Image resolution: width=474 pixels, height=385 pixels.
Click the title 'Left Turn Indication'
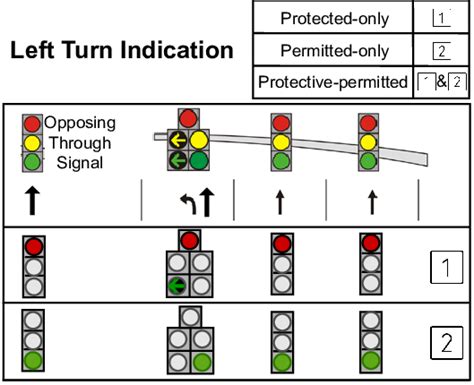[x=121, y=51]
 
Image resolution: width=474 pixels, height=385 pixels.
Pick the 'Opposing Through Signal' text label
[x=80, y=142]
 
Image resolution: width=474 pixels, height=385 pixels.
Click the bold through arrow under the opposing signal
[x=33, y=201]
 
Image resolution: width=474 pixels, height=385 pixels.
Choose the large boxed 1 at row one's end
[x=439, y=267]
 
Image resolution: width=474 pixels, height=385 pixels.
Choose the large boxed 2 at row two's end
[x=439, y=343]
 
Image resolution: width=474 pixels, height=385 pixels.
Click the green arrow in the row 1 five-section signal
[x=178, y=286]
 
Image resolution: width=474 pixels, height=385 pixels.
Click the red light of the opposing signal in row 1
[x=34, y=246]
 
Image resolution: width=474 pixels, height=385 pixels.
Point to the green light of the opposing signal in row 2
[x=34, y=359]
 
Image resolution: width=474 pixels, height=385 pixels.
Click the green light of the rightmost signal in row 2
[x=370, y=359]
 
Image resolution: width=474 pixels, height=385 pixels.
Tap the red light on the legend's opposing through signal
[x=33, y=125]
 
